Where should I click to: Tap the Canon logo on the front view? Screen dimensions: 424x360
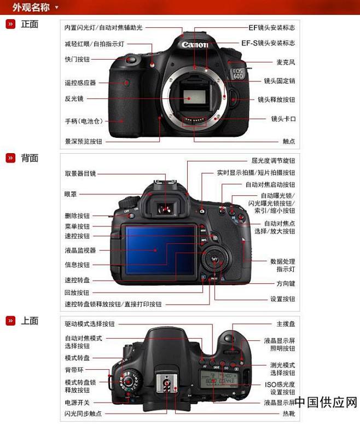tap(195, 44)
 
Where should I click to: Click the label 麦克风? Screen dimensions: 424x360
tap(286, 62)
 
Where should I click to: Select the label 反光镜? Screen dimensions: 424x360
tap(74, 99)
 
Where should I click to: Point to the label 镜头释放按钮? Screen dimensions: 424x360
tap(276, 100)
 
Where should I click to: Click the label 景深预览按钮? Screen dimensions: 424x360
tap(84, 141)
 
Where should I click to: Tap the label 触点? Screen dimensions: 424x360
tap(289, 141)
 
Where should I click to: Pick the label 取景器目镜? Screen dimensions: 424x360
tap(80, 173)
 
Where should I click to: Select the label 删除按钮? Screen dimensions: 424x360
tap(77, 216)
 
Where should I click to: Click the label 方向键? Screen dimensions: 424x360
tap(285, 284)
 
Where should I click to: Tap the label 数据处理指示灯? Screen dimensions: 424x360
tap(282, 265)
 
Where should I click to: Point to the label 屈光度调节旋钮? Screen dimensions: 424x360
tap(273, 161)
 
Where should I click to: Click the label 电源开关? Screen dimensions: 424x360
tap(77, 403)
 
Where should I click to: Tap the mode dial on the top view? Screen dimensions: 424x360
tap(129, 380)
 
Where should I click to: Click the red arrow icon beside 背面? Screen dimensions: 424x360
tap(10, 158)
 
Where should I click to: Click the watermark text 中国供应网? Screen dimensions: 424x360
tap(327, 403)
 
